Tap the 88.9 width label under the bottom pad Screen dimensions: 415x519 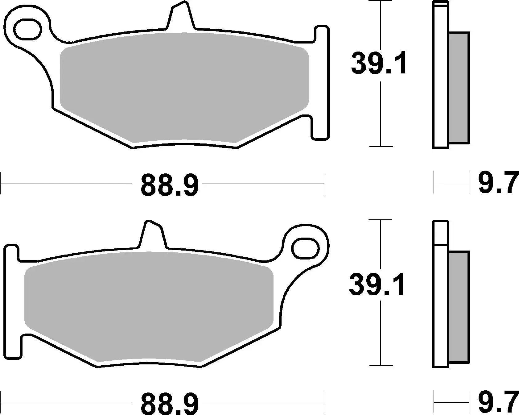point(170,404)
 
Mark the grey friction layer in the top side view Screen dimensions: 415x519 point(459,88)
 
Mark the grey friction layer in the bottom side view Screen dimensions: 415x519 point(459,307)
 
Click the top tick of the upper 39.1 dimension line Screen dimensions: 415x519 point(381,2)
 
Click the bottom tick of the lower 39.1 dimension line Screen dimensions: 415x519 point(381,366)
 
